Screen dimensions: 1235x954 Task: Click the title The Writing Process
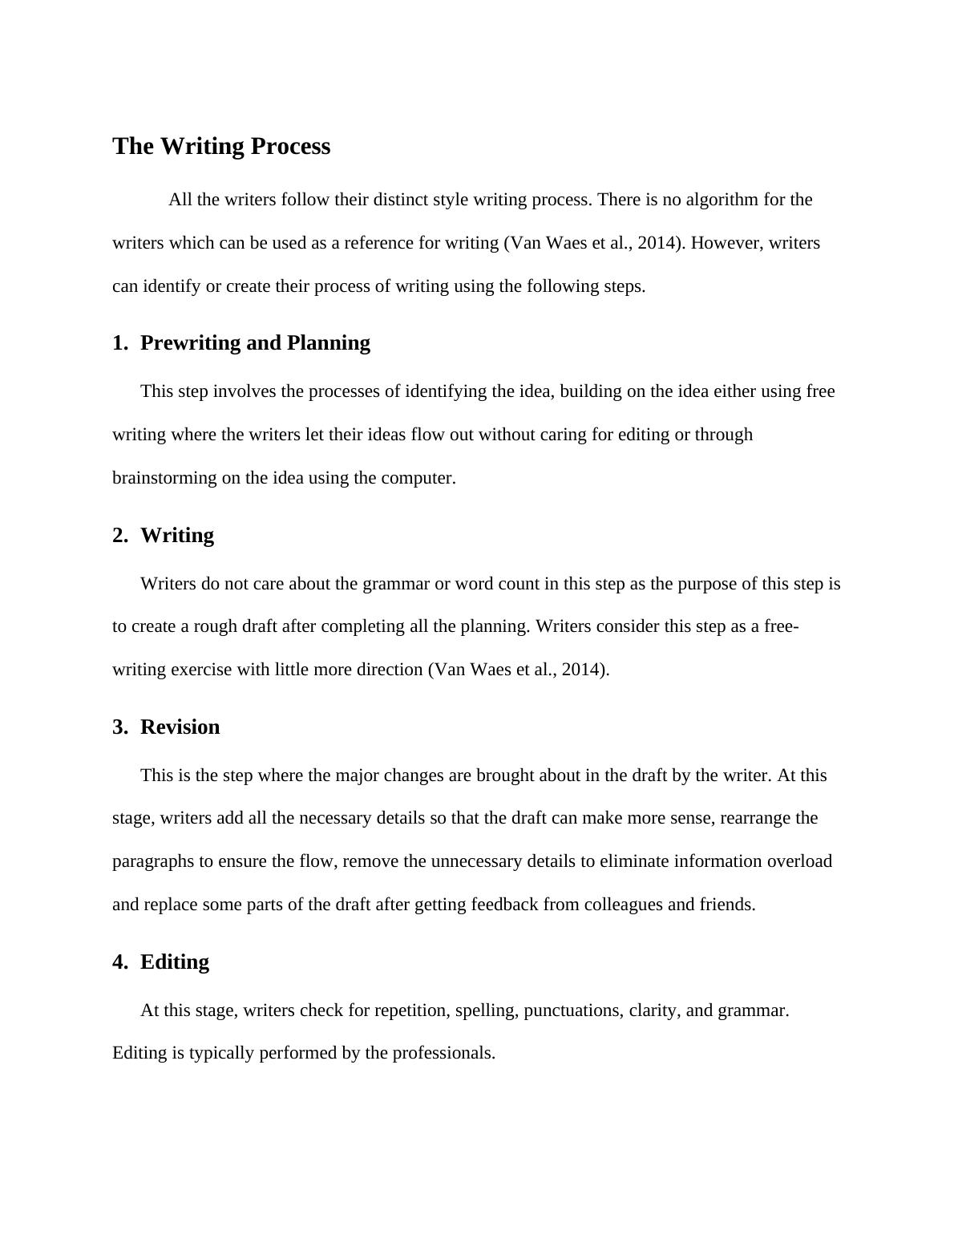click(221, 147)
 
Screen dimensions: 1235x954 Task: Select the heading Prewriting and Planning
click(255, 343)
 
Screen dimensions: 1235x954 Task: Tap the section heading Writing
click(177, 536)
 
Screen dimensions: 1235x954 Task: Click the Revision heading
click(180, 727)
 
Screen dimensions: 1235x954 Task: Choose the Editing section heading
click(175, 962)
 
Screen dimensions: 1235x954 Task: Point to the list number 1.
click(119, 343)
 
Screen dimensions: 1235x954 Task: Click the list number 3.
click(119, 727)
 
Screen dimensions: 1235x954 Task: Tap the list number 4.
click(119, 962)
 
